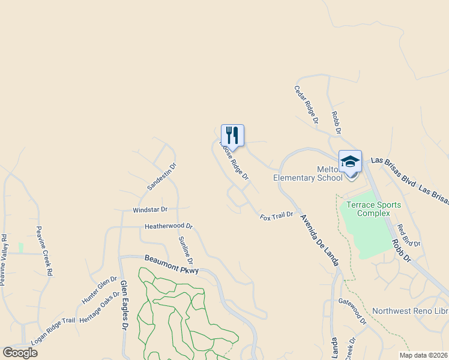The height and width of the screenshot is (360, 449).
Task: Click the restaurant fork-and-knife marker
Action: point(232,136)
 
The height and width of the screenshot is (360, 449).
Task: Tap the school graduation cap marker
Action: point(350,161)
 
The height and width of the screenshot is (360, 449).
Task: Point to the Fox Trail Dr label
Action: point(276,215)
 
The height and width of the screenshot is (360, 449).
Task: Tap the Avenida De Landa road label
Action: point(319,239)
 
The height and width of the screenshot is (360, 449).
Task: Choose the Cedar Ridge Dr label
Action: point(306,105)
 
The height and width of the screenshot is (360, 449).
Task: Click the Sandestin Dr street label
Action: point(162,176)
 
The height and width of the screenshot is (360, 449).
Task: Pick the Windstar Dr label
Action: point(150,210)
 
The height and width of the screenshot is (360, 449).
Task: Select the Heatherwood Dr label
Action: point(168,227)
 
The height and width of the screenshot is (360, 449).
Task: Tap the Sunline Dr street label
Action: point(185,250)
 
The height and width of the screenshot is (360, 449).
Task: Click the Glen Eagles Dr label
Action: point(124,305)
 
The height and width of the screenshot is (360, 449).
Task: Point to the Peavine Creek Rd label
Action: point(44,251)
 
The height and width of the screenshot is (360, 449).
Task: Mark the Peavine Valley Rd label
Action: point(4,260)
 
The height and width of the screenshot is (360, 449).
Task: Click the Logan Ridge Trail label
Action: point(53,330)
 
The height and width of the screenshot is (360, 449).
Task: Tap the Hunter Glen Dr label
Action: point(100,289)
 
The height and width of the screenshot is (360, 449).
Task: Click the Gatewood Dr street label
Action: point(352,311)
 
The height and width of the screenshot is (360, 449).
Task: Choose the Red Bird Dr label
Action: point(409,235)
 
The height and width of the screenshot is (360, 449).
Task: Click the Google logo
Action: point(20,353)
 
